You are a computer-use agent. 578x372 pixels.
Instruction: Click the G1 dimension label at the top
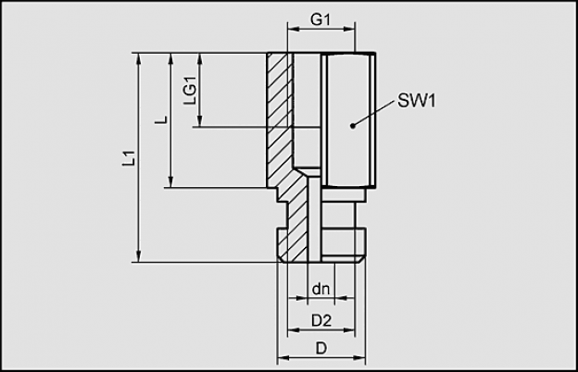[x=320, y=19]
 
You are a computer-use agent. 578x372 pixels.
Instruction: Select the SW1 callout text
[x=416, y=101]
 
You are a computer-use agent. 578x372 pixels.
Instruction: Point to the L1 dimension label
[x=129, y=157]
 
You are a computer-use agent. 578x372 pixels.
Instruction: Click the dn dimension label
[x=320, y=289]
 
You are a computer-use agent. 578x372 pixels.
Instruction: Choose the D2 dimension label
[x=321, y=321]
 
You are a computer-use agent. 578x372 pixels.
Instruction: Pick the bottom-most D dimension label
[x=321, y=348]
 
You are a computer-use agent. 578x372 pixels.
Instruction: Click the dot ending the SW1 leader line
[x=353, y=126]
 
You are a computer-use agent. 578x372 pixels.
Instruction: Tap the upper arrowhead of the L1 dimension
[x=139, y=59]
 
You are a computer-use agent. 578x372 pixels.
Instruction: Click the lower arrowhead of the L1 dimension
[x=139, y=256]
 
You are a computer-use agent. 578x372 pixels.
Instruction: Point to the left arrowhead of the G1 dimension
[x=294, y=29]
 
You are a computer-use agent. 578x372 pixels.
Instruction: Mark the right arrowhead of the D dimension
[x=359, y=357]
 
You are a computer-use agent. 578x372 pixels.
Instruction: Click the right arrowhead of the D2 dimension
[x=348, y=330]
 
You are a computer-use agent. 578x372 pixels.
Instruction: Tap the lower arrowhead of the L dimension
[x=170, y=182]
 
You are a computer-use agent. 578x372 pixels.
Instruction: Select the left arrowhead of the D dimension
[x=283, y=357]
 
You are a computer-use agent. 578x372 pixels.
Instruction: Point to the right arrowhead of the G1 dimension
[x=348, y=29]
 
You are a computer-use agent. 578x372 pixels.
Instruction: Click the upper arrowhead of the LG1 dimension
[x=200, y=59]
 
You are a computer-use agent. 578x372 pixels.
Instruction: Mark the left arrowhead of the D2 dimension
[x=294, y=330]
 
